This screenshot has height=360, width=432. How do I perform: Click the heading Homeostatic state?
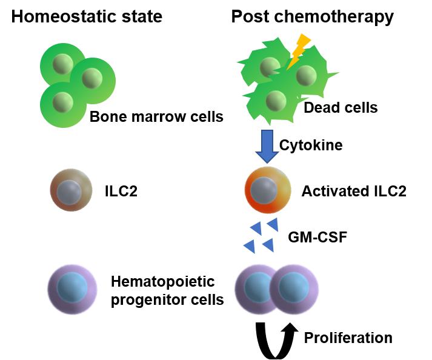87,16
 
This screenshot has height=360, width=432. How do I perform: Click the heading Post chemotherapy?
312,16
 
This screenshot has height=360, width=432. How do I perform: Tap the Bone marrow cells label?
156,116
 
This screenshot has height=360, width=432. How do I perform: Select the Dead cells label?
341,108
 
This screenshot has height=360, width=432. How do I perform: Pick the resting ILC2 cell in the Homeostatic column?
71,192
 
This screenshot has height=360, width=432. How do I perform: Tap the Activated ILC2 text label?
354,192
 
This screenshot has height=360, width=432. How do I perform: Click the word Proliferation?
348,337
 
